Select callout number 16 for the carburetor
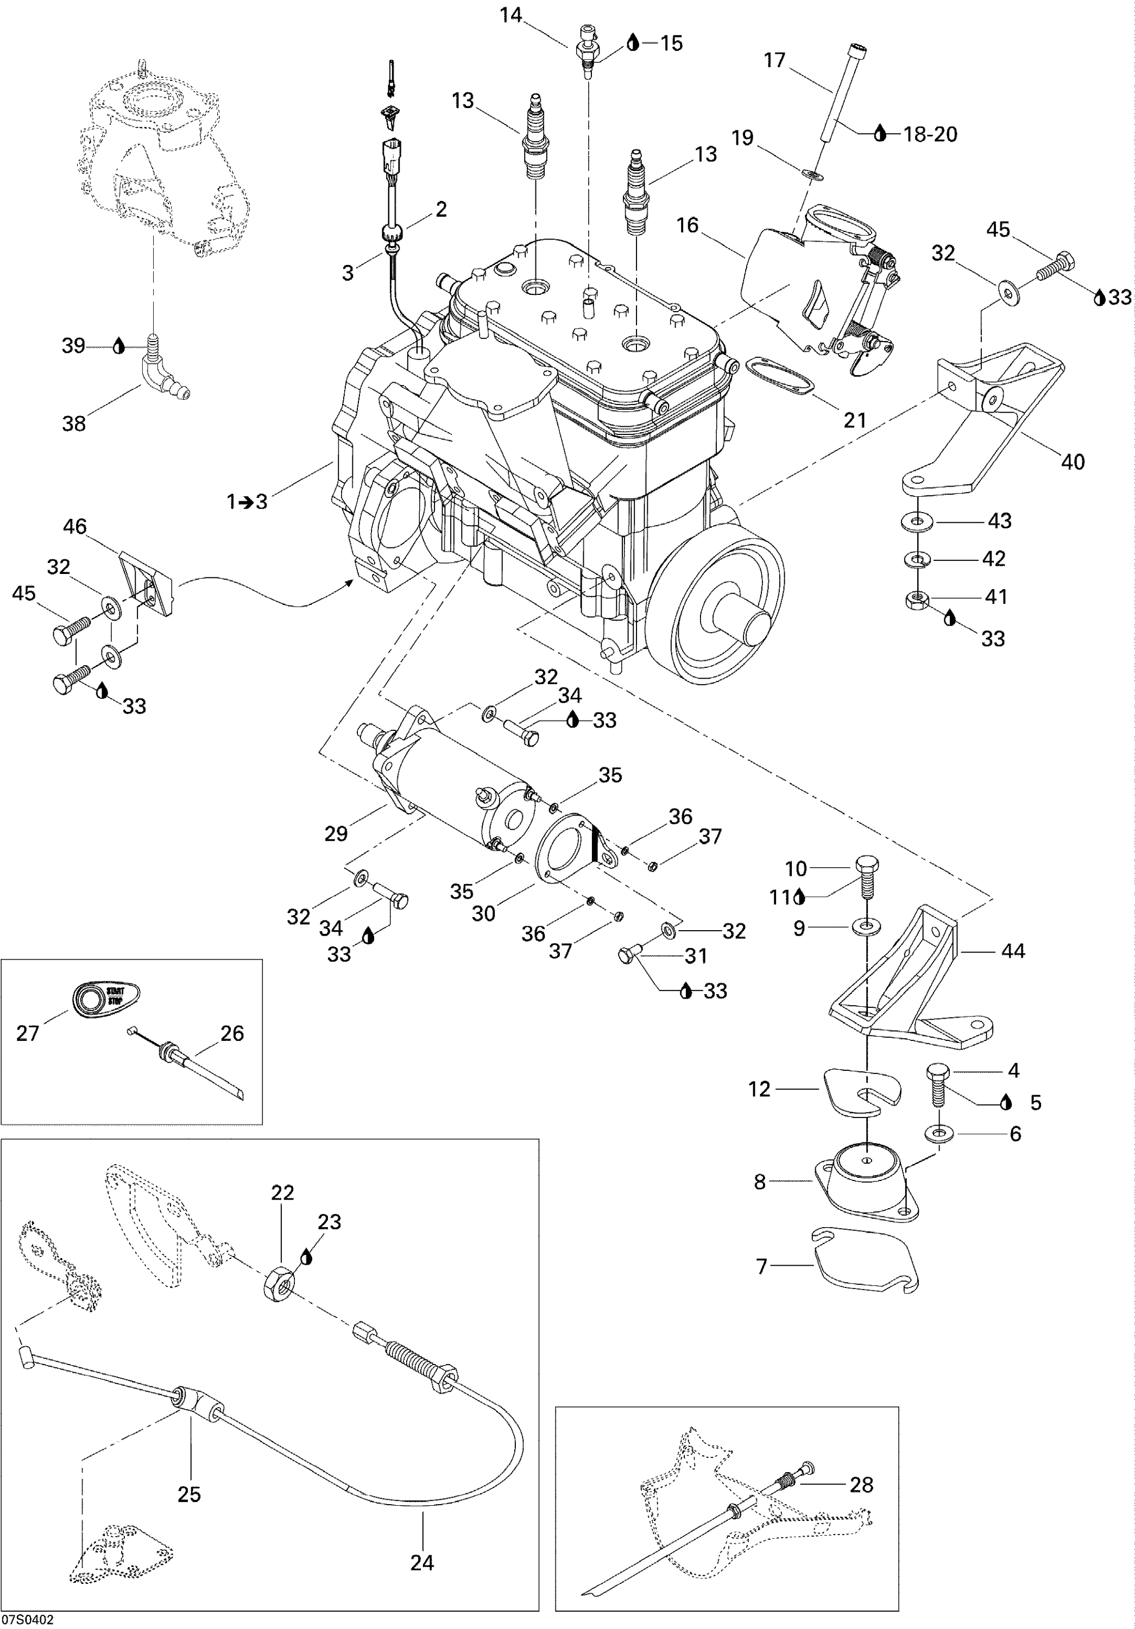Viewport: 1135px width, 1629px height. (x=688, y=226)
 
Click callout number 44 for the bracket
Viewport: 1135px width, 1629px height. (x=1012, y=951)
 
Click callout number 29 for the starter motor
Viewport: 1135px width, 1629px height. (x=336, y=834)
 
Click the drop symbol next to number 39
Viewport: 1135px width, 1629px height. (x=119, y=346)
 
